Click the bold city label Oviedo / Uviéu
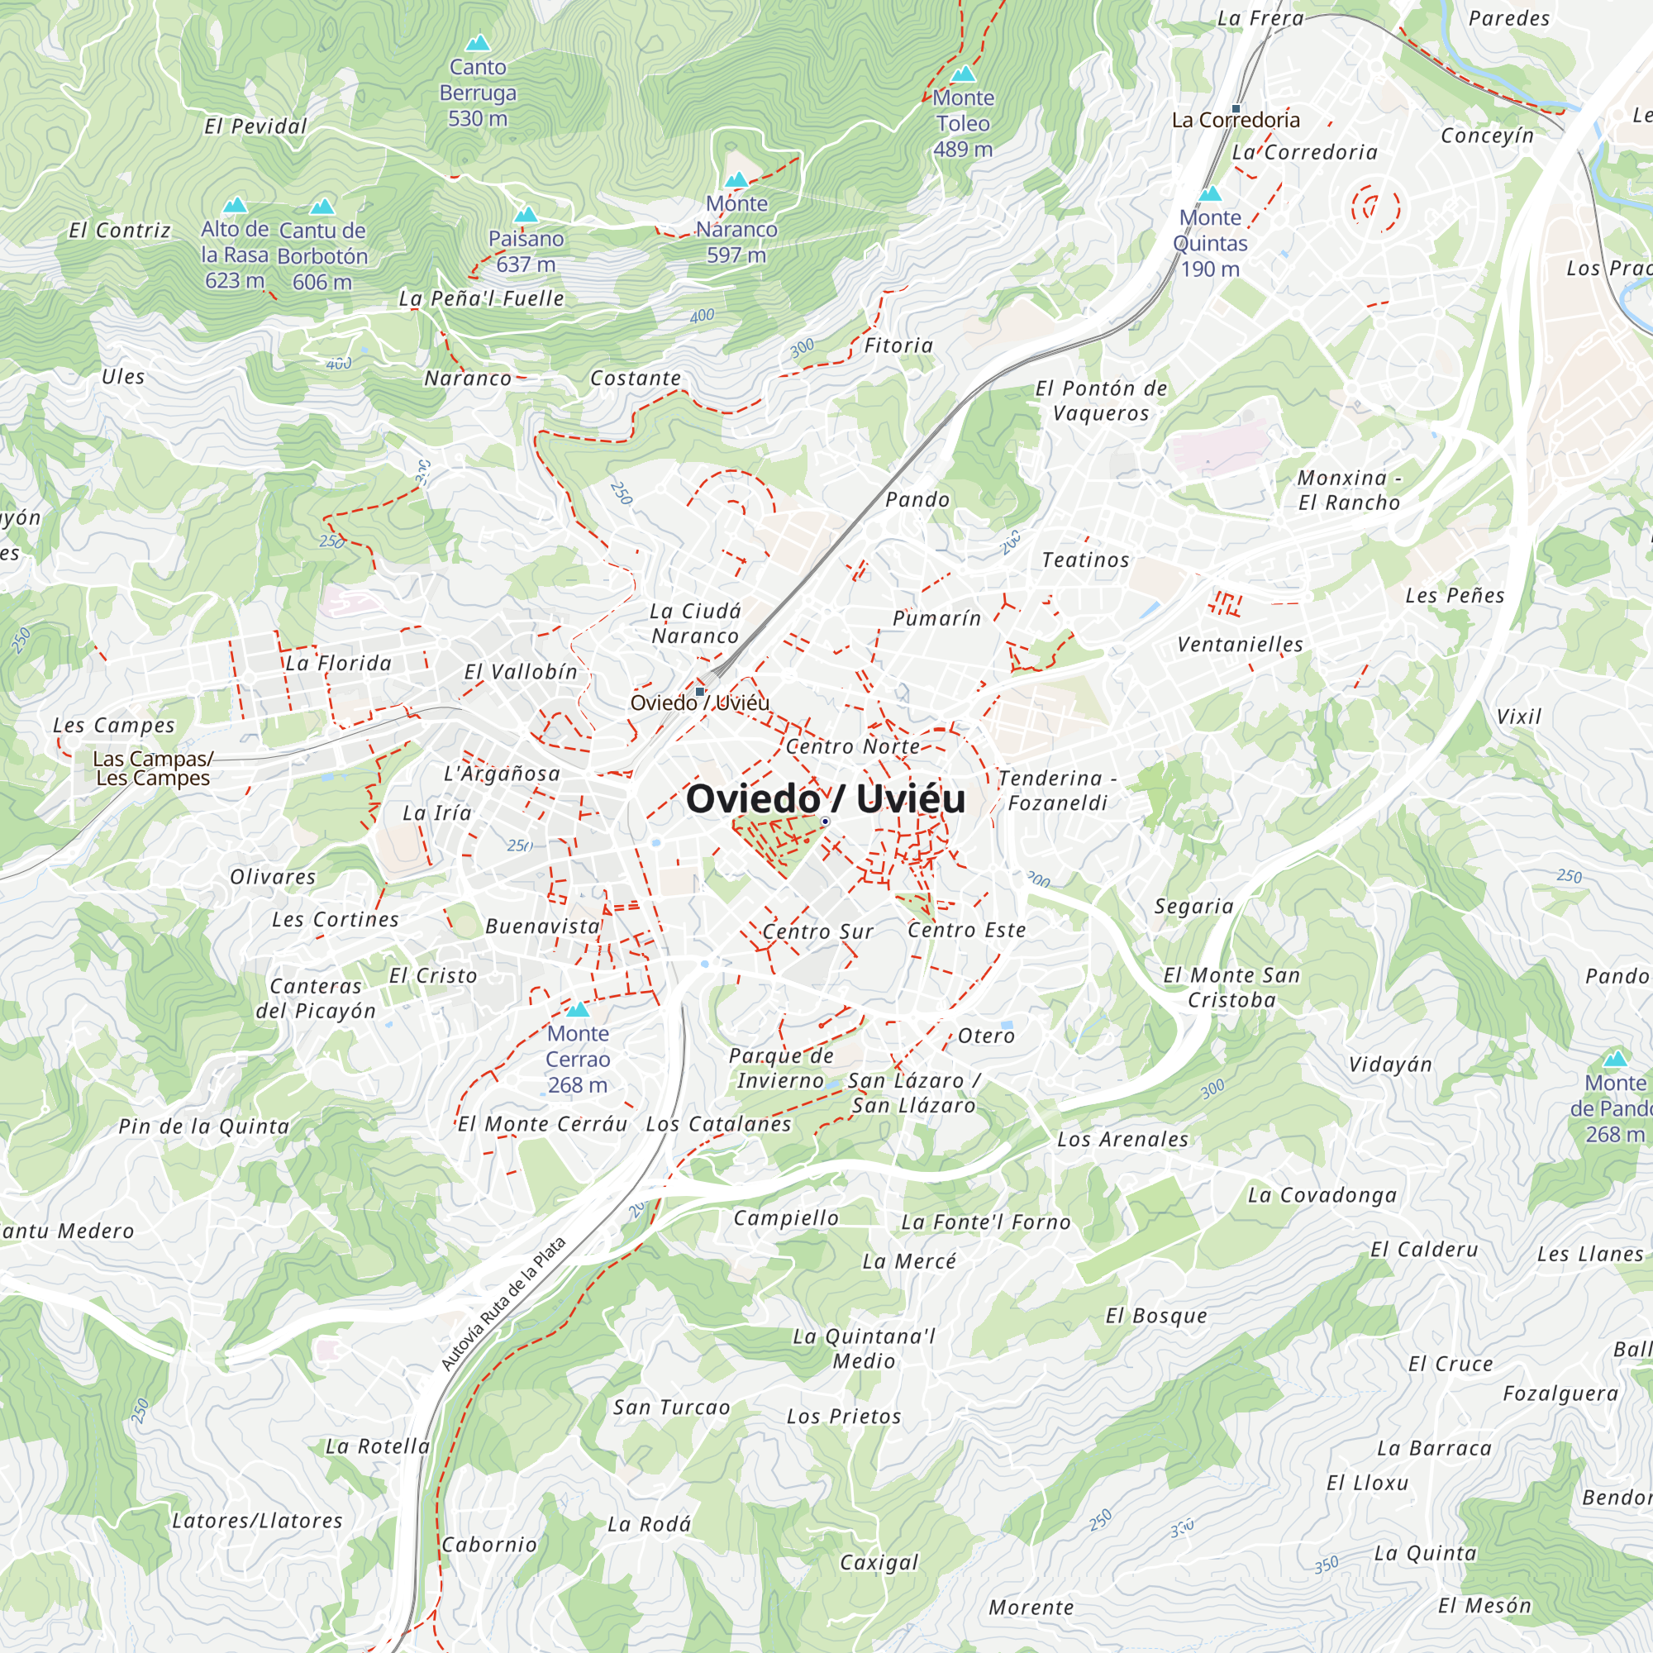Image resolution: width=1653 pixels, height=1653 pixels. (x=825, y=798)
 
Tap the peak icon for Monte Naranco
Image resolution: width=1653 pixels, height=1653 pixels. (x=736, y=179)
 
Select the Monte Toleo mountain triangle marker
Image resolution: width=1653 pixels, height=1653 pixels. (x=964, y=74)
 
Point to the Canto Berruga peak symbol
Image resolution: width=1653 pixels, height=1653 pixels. (x=478, y=43)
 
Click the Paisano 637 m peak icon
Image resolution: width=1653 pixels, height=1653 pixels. (x=526, y=215)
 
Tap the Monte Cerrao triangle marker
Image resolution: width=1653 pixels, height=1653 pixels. (x=578, y=1010)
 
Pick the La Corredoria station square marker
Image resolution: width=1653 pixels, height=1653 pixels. (x=1236, y=108)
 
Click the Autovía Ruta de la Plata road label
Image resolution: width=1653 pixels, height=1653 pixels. (x=503, y=1303)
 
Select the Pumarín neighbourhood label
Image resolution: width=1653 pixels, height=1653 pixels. (x=936, y=617)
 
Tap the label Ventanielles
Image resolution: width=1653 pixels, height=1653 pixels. (x=1240, y=645)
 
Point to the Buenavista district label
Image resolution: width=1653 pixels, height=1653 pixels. (x=542, y=926)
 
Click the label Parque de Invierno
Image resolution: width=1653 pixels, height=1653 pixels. (x=780, y=1068)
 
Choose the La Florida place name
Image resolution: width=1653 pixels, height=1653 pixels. (x=338, y=663)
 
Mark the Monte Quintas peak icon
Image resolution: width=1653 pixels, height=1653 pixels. (x=1210, y=194)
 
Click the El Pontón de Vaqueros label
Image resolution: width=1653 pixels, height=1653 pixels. (x=1101, y=400)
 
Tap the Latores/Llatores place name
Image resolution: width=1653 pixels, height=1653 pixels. (x=257, y=1521)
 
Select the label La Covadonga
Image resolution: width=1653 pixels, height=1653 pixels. (x=1322, y=1195)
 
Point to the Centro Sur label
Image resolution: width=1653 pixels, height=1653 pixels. (x=817, y=931)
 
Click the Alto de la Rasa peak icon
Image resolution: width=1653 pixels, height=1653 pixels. (x=236, y=205)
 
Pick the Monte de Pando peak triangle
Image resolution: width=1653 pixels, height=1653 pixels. (x=1614, y=1060)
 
